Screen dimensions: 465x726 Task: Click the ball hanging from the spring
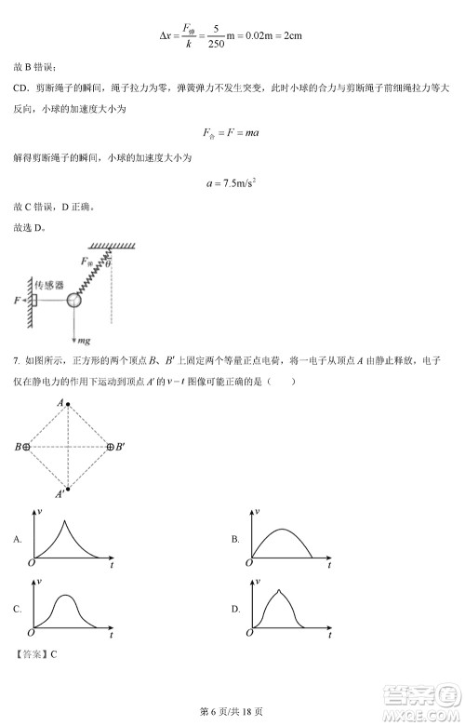(73, 300)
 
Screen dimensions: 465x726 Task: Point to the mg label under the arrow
(83, 343)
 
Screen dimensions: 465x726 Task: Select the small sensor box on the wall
(34, 300)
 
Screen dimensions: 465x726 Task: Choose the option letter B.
(235, 539)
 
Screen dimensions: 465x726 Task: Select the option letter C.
(17, 609)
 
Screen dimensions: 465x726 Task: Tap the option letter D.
(235, 609)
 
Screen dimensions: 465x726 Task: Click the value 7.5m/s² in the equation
(235, 183)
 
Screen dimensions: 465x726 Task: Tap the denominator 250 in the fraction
(216, 42)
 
